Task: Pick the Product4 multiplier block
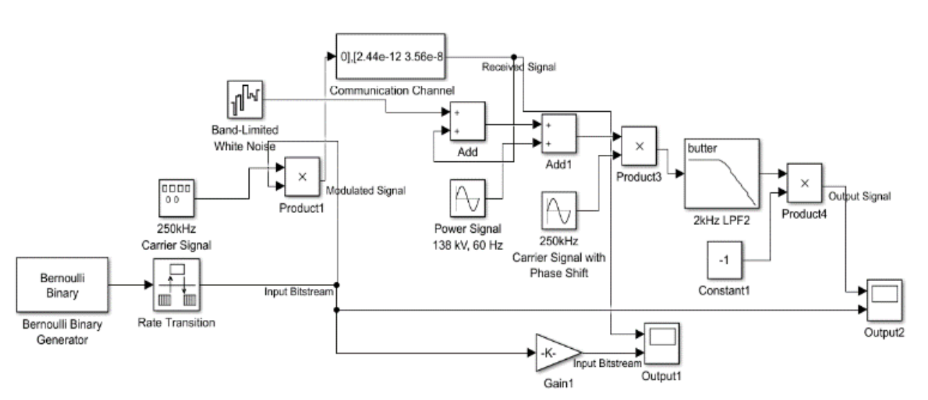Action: [x=805, y=182]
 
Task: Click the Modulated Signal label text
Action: [x=366, y=191]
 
